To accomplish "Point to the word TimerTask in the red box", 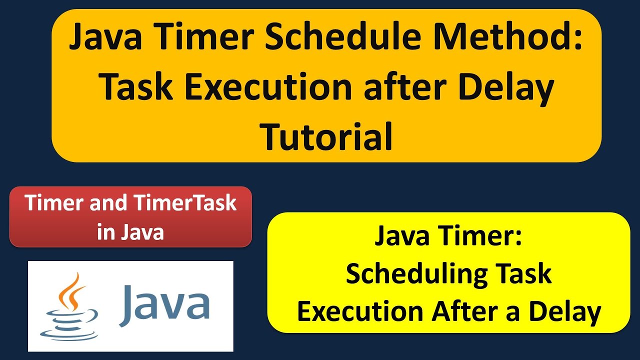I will (x=186, y=203).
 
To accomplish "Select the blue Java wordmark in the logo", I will (x=164, y=303).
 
